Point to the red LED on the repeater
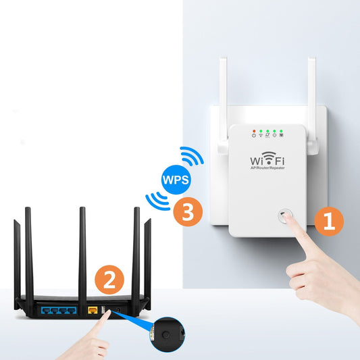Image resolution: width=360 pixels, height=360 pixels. [253, 130]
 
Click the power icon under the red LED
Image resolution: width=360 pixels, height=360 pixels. [253, 136]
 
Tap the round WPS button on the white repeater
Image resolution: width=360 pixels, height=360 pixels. [280, 217]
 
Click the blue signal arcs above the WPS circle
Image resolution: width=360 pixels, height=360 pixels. [191, 157]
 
